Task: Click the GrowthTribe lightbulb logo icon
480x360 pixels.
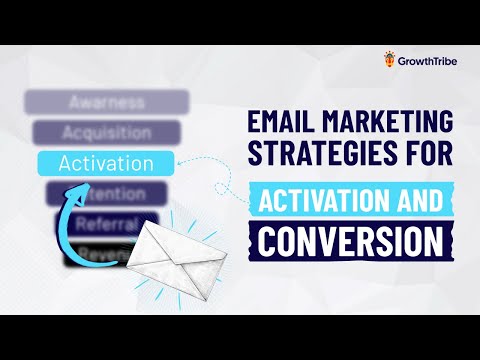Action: click(x=389, y=60)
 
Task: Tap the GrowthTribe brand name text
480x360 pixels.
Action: click(x=425, y=61)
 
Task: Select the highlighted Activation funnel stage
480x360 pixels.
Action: click(x=106, y=162)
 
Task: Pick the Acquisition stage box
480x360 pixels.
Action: click(x=106, y=132)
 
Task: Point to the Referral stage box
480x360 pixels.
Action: click(x=108, y=222)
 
